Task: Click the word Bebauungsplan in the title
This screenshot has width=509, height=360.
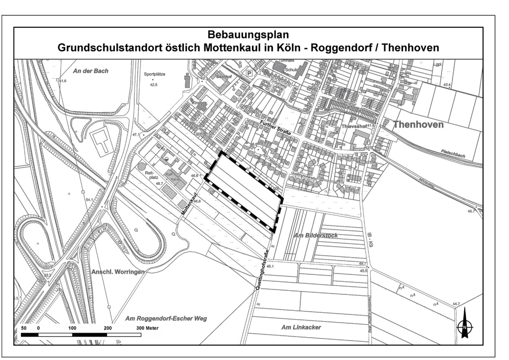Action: coord(248,35)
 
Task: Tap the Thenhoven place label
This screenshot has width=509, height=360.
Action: coord(418,124)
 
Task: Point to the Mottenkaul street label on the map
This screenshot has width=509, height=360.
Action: coord(190,203)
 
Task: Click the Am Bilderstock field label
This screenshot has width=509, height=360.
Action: coord(316,235)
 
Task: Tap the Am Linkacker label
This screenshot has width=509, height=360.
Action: coord(301,327)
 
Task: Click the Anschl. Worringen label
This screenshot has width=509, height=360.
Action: coord(117,271)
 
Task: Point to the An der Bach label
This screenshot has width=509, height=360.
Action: coord(90,71)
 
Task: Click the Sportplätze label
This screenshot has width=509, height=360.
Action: coord(155,74)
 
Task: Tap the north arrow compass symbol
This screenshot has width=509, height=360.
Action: coord(465,324)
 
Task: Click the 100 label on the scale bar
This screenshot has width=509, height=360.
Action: coord(72,329)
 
